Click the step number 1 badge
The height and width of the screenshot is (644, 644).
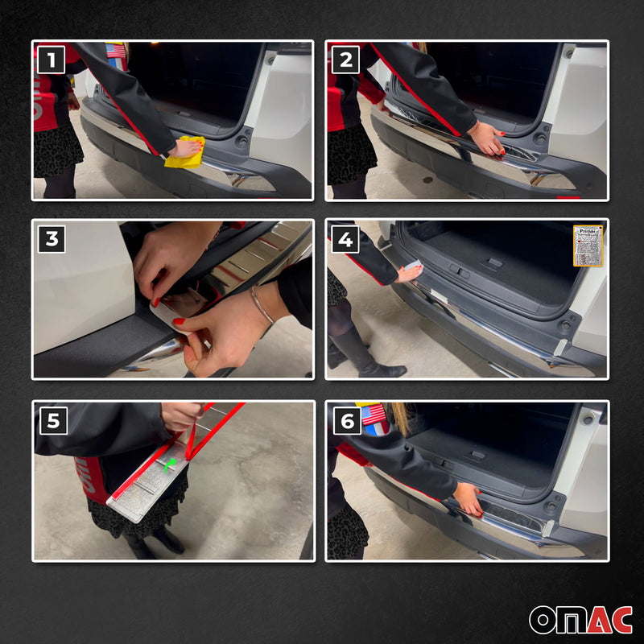52,60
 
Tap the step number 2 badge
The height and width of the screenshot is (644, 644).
345,60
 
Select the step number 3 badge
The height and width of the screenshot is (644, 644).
52,239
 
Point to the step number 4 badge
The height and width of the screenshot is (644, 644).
345,239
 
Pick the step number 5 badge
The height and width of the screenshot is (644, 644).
52,420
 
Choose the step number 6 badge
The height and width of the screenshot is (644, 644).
345,420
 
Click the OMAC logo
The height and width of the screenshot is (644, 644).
580,619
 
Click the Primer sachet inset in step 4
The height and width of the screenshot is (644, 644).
588,246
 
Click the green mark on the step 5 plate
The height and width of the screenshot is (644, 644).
168,465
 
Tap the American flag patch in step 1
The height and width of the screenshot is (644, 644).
116,51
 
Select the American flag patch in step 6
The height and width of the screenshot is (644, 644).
373,415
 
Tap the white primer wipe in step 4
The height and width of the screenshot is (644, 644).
412,266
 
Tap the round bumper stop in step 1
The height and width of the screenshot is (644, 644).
241,142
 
